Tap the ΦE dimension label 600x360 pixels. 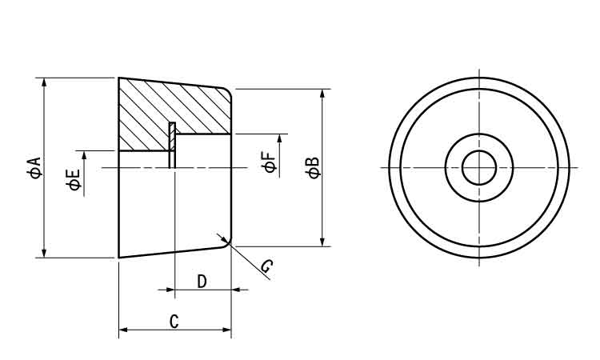pos(74,180)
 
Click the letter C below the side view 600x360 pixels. pos(174,322)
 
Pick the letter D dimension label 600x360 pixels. pos(202,282)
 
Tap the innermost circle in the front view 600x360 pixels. pos(479,167)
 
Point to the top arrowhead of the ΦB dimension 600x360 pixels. pos(322,94)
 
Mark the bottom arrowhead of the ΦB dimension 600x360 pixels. pos(322,241)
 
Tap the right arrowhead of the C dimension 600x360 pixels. pos(226,328)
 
